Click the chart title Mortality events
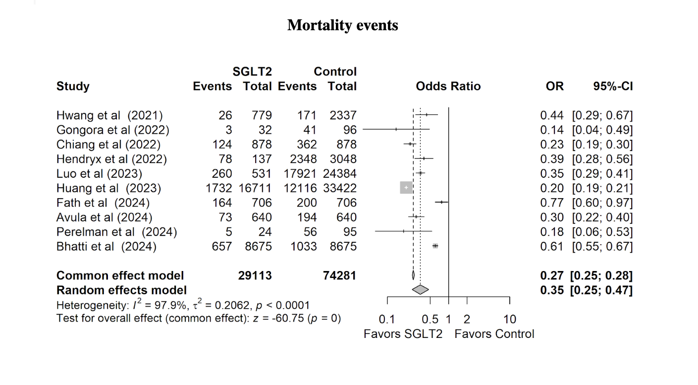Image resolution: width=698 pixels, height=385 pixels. (342, 25)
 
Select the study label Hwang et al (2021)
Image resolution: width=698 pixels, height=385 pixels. (109, 116)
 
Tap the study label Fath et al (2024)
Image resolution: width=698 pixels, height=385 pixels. (103, 203)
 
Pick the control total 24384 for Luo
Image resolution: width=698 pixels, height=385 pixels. (339, 174)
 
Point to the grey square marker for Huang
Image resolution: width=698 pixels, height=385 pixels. (406, 188)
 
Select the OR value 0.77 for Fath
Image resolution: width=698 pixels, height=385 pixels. (552, 203)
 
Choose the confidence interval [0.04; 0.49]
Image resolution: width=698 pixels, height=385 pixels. (602, 130)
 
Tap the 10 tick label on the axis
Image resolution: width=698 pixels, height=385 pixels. (509, 319)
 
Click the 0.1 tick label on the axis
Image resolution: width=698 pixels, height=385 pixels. (386, 319)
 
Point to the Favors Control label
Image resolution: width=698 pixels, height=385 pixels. (494, 334)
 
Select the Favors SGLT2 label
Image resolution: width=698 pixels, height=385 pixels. (403, 334)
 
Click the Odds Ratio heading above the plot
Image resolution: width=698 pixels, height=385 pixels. (448, 87)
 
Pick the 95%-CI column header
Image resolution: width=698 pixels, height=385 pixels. (613, 87)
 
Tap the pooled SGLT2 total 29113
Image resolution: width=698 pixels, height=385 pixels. (255, 275)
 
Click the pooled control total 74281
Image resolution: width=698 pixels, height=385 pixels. (339, 275)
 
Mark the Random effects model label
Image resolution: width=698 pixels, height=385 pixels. (121, 290)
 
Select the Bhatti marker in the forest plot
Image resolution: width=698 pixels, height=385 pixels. (435, 246)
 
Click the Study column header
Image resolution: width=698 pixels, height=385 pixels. (73, 87)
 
